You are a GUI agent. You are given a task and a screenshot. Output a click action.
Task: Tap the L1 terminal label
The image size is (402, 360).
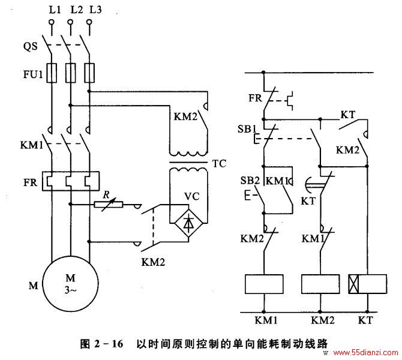55,10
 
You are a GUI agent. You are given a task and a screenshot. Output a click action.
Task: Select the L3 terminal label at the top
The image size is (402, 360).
95,10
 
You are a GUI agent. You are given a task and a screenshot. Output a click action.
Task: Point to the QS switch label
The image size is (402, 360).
30,46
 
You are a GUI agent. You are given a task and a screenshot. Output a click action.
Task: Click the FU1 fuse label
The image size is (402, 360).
33,74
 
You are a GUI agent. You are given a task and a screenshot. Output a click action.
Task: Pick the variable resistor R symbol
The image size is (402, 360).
109,205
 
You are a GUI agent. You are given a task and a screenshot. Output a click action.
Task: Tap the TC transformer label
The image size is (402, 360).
219,164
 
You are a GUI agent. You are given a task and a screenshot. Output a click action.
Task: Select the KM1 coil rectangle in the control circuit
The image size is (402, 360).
264,284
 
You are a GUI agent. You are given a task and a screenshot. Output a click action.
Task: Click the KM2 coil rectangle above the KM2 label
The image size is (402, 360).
320,284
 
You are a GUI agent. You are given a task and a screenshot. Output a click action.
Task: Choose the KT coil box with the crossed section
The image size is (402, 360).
368,284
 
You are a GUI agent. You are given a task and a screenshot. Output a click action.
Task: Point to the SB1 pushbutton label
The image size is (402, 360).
247,129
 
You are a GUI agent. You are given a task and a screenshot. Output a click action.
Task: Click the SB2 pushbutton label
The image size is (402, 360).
250,181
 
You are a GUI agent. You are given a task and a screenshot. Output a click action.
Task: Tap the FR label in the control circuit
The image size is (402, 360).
255,98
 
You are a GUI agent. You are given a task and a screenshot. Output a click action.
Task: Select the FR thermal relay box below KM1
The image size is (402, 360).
71,181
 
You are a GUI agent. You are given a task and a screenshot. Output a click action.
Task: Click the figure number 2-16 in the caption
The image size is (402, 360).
109,343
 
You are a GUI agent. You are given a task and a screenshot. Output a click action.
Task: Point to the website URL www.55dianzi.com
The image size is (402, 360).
366,353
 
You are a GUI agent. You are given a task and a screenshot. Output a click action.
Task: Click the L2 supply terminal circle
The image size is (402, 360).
70,22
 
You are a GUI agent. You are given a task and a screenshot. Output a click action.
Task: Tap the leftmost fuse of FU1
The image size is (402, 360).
52,73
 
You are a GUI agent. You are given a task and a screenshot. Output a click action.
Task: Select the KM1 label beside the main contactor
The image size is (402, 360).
32,145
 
